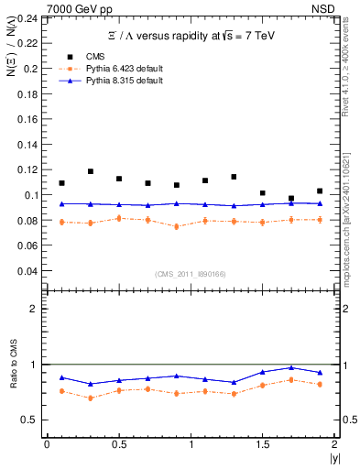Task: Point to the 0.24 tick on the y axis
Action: click(28, 17)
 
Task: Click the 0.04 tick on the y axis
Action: click(28, 271)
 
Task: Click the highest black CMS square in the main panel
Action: click(91, 171)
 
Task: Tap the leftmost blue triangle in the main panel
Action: click(61, 203)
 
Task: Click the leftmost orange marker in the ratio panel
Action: click(61, 391)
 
